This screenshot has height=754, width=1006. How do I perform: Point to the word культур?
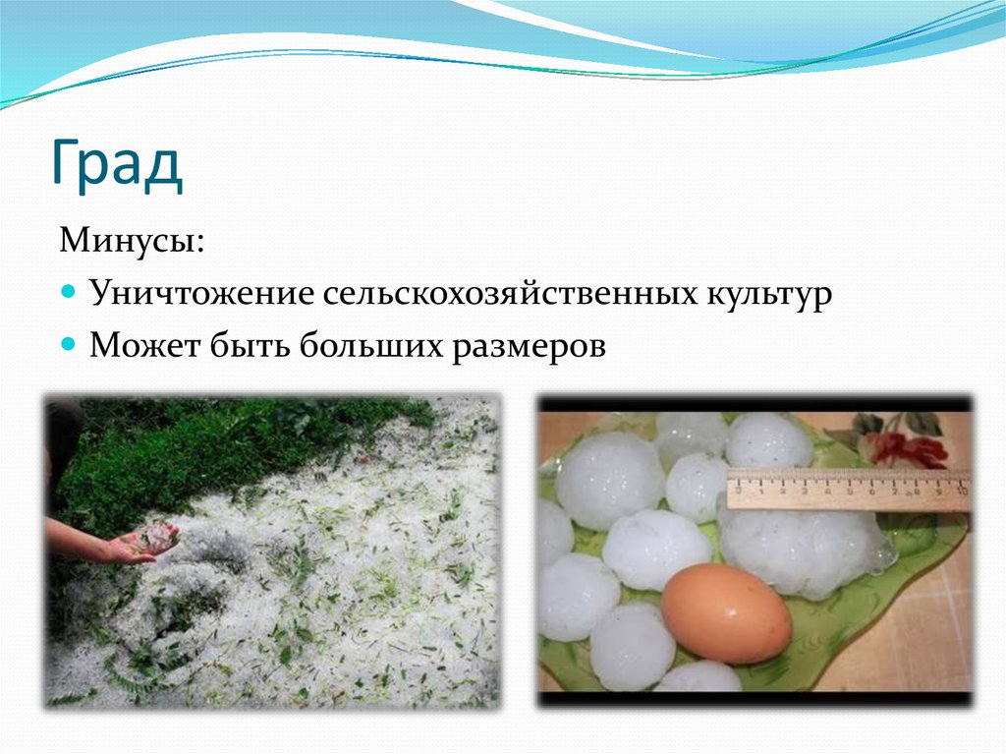pos(767,294)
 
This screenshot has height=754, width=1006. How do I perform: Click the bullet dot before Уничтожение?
pos(68,293)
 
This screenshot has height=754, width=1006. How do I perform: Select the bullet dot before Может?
pos(68,345)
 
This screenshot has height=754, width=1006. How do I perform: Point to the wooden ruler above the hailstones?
pos(845,489)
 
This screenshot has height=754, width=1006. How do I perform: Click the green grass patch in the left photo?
pos(226,442)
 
